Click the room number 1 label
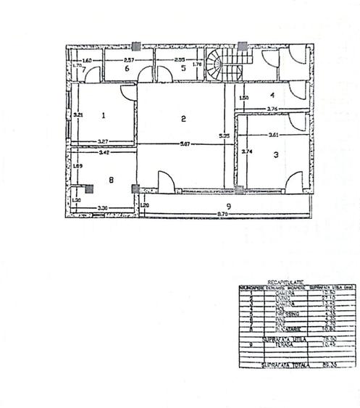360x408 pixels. click(x=104, y=115)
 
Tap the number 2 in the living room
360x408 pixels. click(x=184, y=119)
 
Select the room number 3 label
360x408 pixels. click(x=275, y=154)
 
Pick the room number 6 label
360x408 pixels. click(x=126, y=68)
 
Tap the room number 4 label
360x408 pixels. click(x=272, y=94)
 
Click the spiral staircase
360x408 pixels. click(x=217, y=65)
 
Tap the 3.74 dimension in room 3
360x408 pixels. click(x=246, y=152)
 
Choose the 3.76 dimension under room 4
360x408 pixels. click(x=273, y=109)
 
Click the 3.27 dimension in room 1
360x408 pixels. click(x=104, y=141)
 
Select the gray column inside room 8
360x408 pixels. click(x=89, y=188)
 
